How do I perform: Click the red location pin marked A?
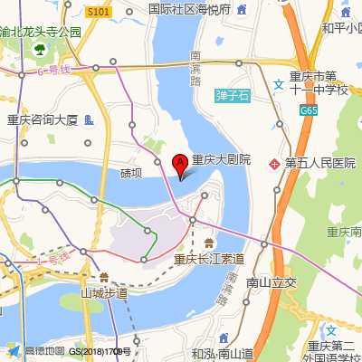pos(179,164)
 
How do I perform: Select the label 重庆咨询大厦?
pos(43,119)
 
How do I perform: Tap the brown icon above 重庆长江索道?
pos(209,243)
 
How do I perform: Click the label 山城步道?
pos(104,292)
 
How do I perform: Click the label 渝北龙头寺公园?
pos(42,32)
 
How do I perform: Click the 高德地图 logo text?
pos(44,350)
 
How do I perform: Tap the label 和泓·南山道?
pos(222,353)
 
